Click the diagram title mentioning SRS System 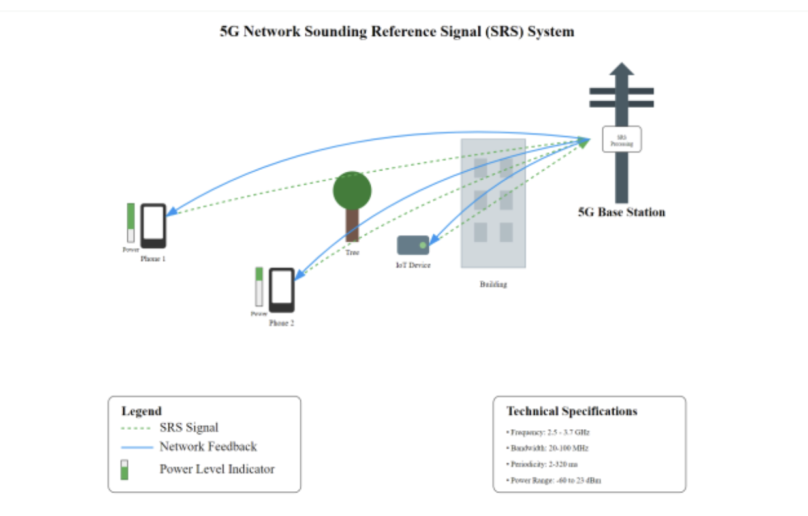(397, 31)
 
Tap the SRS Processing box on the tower (621, 139)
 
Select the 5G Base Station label (621, 212)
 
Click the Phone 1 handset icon (153, 225)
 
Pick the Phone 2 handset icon (282, 289)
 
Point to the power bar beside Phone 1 (131, 223)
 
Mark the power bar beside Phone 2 (259, 287)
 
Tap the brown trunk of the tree (352, 225)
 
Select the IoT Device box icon (413, 245)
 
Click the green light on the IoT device (423, 245)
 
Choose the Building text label (493, 284)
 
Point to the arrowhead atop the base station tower (622, 69)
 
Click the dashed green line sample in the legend (136, 428)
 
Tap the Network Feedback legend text (208, 447)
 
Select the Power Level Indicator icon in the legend (125, 469)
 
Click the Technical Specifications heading (572, 411)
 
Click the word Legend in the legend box (142, 411)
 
